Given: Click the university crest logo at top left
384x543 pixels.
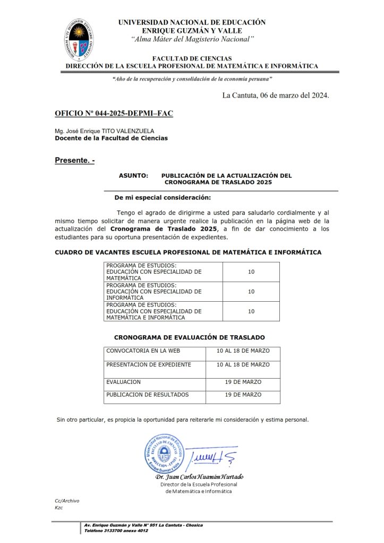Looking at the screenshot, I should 81,41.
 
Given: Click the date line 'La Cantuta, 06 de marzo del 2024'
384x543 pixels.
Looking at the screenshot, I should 276,96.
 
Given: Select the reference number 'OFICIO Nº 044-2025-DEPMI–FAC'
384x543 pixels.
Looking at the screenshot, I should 114,114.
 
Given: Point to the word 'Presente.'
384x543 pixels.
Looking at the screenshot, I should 73,160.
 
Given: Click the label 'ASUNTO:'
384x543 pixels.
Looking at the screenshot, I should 133,176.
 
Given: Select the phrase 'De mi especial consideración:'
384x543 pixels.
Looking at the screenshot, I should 163,198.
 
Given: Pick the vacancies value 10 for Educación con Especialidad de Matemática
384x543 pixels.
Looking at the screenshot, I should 251,271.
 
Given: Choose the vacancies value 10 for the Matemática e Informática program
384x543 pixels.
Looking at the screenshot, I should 251,311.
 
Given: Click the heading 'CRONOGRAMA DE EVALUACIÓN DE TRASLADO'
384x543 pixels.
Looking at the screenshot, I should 189,337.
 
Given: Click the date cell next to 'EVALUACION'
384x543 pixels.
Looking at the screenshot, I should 243,382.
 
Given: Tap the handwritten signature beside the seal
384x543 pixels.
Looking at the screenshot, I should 207,456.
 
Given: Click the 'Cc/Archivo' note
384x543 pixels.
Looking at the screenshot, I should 67,501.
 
